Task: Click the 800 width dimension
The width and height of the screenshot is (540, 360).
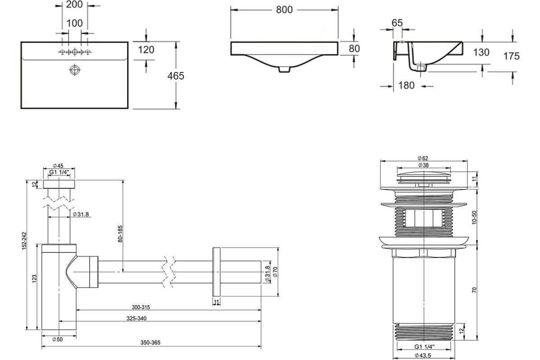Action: [284, 10]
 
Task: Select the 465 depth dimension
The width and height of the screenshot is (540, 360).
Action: [176, 76]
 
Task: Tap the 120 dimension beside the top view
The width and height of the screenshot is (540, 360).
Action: [146, 50]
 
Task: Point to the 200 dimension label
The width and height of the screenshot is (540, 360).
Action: [75, 4]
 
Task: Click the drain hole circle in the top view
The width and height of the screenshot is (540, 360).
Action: [75, 70]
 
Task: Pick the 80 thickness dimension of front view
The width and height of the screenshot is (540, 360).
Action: [354, 49]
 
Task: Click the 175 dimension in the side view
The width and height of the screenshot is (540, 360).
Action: [511, 56]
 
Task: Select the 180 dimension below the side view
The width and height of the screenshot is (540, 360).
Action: [406, 85]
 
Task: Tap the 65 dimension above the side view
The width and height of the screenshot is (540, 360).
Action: [397, 23]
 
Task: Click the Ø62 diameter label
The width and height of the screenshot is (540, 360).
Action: [423, 158]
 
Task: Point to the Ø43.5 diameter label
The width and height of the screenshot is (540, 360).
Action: [423, 355]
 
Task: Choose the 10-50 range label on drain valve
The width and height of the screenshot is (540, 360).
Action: [474, 217]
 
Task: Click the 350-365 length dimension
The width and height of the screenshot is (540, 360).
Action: [150, 342]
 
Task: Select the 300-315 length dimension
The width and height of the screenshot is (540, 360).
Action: [141, 307]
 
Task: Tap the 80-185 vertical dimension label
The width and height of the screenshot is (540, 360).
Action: [120, 234]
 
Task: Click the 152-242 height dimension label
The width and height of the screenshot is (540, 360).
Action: [24, 241]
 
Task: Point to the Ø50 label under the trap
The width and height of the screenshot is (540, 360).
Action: [58, 339]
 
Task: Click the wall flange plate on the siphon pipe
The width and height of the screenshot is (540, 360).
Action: [216, 272]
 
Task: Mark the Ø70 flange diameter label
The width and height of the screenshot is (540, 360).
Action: [275, 272]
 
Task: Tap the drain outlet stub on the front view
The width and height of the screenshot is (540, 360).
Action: [284, 69]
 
